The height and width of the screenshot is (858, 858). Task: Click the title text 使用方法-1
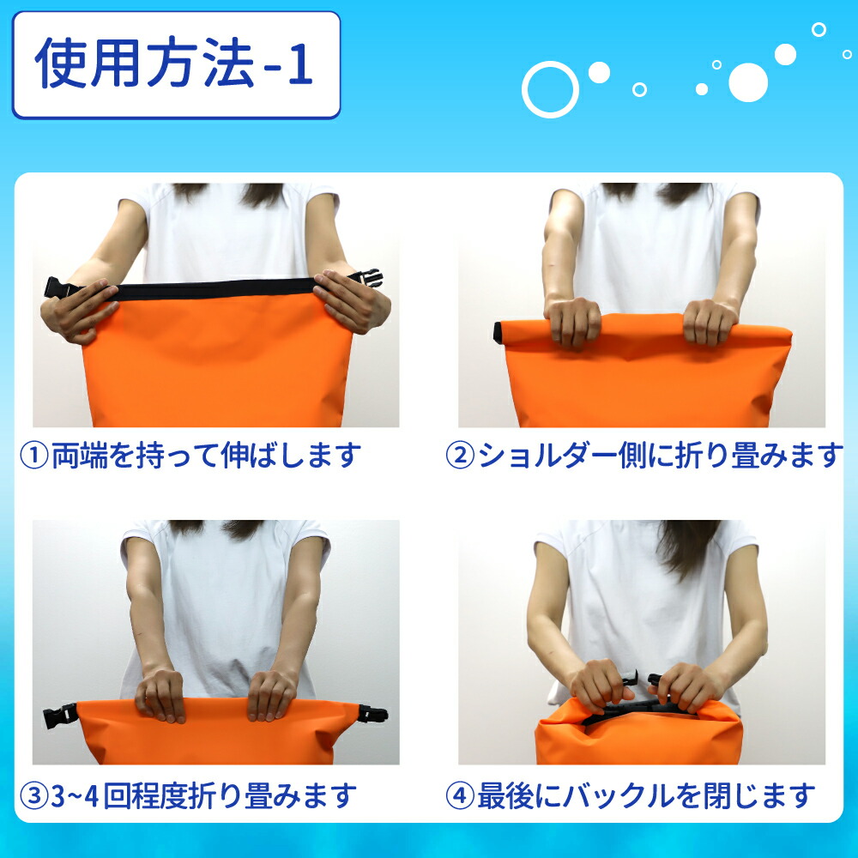tap(174, 63)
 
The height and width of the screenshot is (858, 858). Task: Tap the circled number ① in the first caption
tap(34, 456)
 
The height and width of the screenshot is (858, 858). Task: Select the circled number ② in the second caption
tap(460, 456)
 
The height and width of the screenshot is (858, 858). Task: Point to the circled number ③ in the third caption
tap(34, 796)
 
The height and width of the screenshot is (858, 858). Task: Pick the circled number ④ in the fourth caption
tap(460, 796)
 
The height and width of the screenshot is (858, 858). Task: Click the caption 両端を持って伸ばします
tap(206, 456)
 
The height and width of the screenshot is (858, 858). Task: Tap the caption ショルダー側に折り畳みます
tap(660, 456)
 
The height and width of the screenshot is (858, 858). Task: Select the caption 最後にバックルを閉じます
tap(646, 796)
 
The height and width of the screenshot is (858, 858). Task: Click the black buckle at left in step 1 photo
tap(60, 287)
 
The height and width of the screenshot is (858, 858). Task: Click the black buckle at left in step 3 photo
tap(60, 715)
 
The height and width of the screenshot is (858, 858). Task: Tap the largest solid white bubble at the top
tap(748, 82)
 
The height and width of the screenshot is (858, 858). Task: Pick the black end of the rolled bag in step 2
tap(499, 333)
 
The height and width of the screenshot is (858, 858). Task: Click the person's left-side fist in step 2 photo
tap(573, 323)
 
